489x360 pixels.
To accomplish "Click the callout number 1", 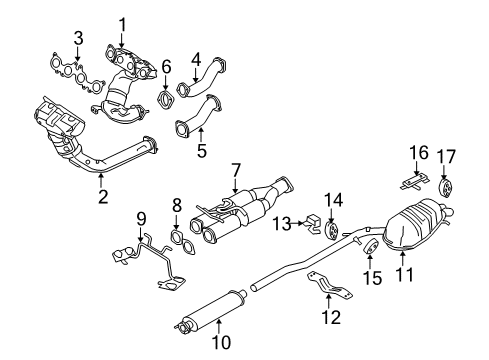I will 123,24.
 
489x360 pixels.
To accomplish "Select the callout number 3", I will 77,39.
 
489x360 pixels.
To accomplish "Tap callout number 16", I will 420,152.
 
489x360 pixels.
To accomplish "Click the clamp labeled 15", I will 370,247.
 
